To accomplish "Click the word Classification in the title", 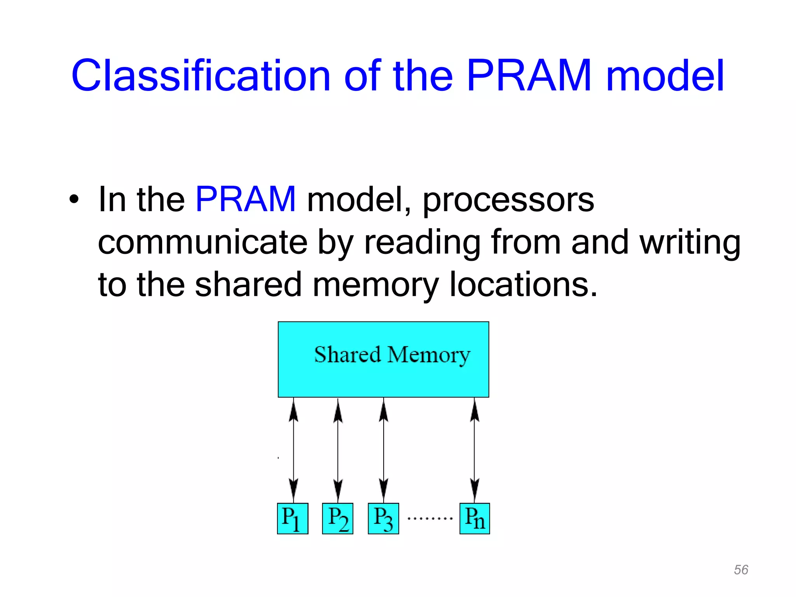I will pyautogui.click(x=200, y=76).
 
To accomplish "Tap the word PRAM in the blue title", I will pyautogui.click(x=529, y=76).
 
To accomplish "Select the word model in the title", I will pyautogui.click(x=665, y=76).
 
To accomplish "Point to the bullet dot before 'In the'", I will pyautogui.click(x=73, y=199).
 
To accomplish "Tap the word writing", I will pyautogui.click(x=690, y=243).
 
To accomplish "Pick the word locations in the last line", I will pyautogui.click(x=523, y=285).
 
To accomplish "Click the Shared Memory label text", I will pyautogui.click(x=392, y=355).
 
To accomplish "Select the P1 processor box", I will pyautogui.click(x=293, y=518).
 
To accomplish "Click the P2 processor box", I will pyautogui.click(x=338, y=518).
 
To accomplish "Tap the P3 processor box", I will pyautogui.click(x=383, y=518).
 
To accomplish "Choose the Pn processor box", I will pyautogui.click(x=475, y=518).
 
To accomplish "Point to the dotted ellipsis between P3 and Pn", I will pyautogui.click(x=429, y=518).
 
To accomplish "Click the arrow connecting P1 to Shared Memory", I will pyautogui.click(x=293, y=450).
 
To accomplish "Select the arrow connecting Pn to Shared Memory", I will pyautogui.click(x=474, y=450).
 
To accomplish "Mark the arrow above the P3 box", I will pyautogui.click(x=384, y=450).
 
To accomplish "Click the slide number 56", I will pyautogui.click(x=741, y=570).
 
